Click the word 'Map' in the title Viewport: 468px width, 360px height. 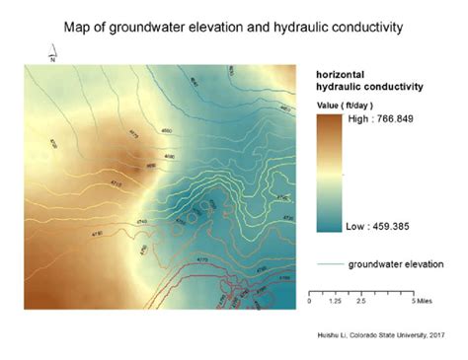click(79, 26)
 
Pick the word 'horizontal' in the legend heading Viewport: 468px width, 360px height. click(341, 76)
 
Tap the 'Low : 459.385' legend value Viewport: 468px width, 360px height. click(375, 226)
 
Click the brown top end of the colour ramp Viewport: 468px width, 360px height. click(328, 119)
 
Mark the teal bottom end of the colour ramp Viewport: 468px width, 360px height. click(328, 228)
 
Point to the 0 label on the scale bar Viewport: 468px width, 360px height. click(311, 298)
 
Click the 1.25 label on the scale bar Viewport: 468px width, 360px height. click(335, 298)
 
